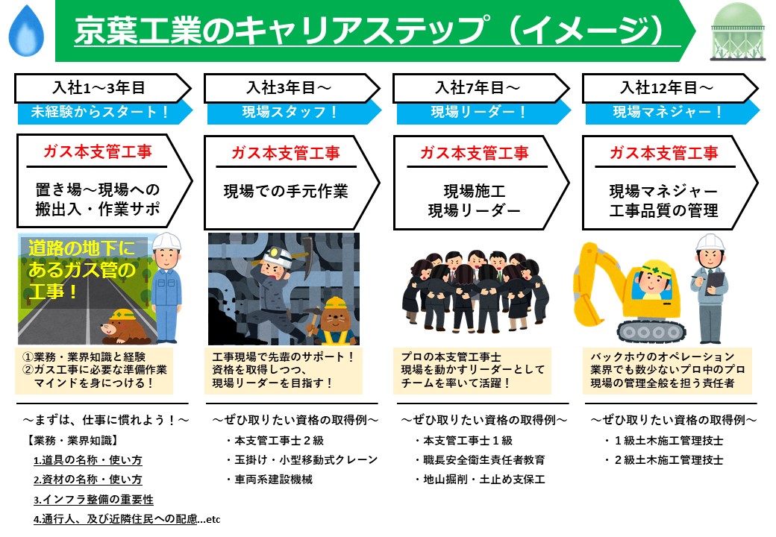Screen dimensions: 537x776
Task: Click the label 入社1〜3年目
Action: pyautogui.click(x=97, y=88)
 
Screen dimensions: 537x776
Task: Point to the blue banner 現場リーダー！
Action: pyautogui.click(x=478, y=113)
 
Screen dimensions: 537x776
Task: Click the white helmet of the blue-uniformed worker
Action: pyautogui.click(x=167, y=242)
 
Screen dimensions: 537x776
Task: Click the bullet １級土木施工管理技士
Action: pyautogui.click(x=667, y=441)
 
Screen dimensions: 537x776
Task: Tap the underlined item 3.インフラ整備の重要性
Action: pyautogui.click(x=93, y=499)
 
